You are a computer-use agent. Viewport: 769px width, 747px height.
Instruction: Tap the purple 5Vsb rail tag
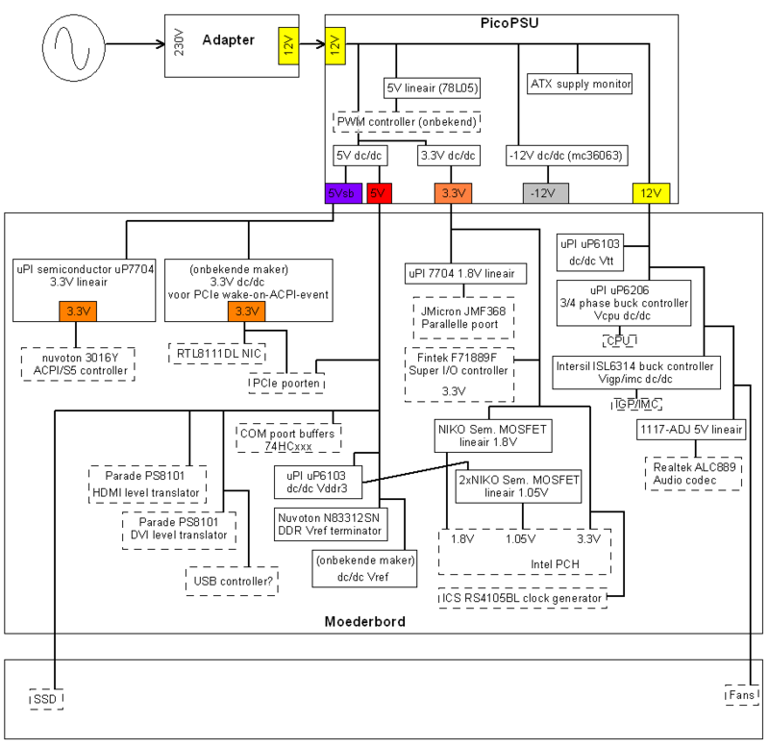pos(343,193)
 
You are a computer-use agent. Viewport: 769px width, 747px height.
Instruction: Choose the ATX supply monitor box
pos(580,84)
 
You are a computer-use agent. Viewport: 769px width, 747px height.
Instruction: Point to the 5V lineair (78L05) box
pos(433,88)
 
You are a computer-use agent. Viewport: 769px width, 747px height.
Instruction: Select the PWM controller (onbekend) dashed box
pos(406,121)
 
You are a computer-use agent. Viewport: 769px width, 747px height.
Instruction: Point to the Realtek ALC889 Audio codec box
pos(693,472)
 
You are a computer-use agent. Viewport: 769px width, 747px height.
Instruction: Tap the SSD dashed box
pos(45,699)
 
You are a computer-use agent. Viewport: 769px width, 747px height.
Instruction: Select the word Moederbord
pos(365,622)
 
